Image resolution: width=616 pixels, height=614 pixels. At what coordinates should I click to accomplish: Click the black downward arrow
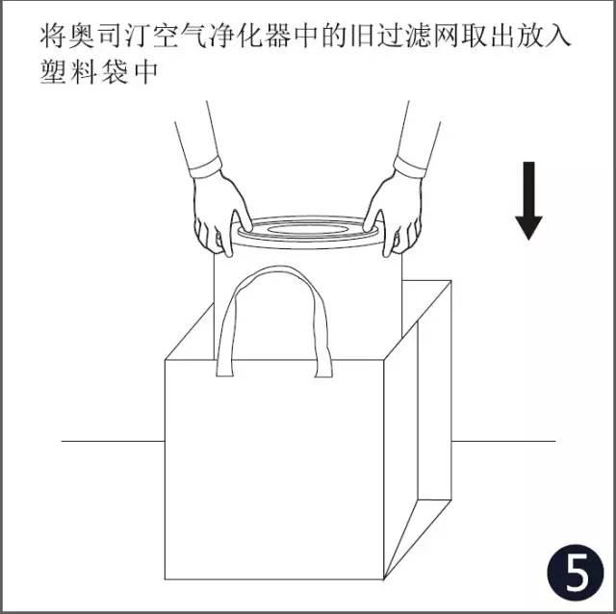[x=528, y=200]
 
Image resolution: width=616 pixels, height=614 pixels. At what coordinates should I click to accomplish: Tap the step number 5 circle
[x=575, y=573]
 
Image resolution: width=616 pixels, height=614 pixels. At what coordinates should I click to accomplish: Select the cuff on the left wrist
[x=205, y=166]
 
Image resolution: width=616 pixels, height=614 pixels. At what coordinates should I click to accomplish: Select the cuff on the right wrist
[x=410, y=166]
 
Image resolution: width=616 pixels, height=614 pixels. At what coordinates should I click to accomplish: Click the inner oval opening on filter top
[x=307, y=229]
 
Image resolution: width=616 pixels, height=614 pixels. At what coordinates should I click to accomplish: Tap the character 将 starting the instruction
[x=52, y=37]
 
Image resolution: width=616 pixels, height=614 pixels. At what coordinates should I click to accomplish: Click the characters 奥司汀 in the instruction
[x=110, y=37]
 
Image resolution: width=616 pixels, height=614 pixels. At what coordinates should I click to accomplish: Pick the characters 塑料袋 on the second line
[x=84, y=72]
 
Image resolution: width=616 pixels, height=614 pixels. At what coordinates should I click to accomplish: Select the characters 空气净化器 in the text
[x=222, y=37]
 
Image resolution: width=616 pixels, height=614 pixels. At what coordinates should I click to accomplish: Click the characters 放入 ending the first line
[x=543, y=37]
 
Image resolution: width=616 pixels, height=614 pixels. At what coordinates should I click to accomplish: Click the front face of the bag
[x=274, y=470]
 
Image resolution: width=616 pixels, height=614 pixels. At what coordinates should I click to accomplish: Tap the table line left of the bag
[x=114, y=441]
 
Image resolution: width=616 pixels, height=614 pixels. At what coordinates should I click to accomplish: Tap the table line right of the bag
[x=503, y=441]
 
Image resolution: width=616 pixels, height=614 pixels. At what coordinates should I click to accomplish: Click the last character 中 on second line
[x=145, y=72]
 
